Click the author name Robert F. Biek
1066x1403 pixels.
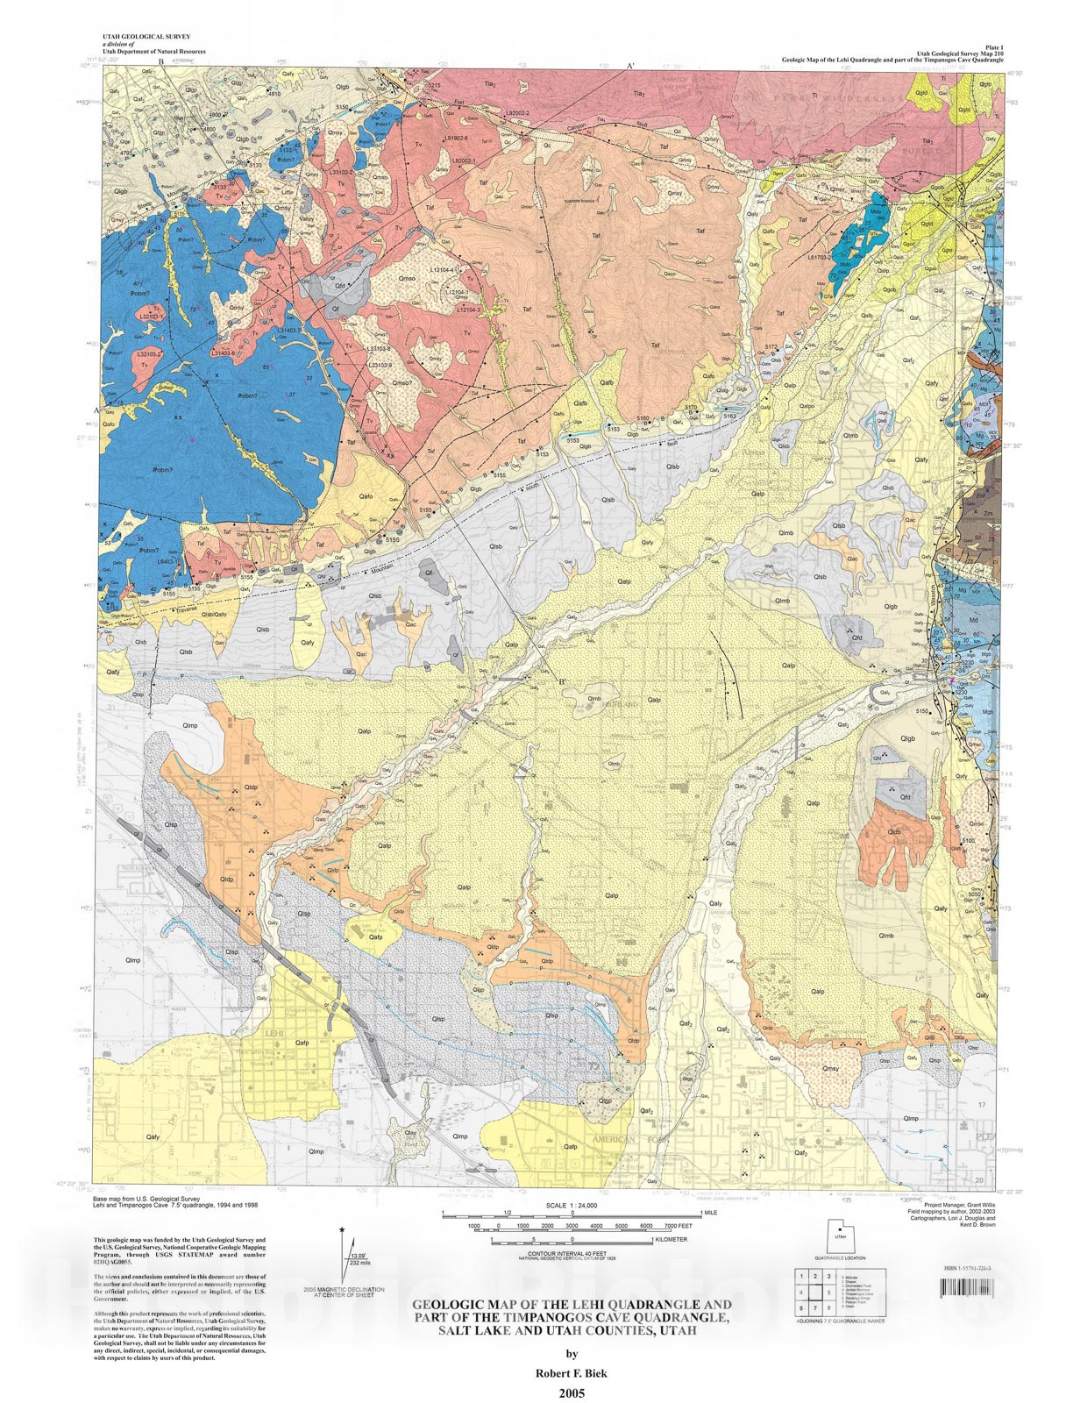(x=572, y=1373)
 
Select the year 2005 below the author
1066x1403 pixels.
(x=571, y=1392)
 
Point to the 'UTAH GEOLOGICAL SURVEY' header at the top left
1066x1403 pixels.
(x=146, y=37)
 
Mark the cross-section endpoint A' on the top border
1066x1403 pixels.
(x=630, y=67)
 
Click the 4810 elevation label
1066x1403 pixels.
(x=274, y=94)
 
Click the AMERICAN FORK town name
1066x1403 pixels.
(x=625, y=1139)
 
